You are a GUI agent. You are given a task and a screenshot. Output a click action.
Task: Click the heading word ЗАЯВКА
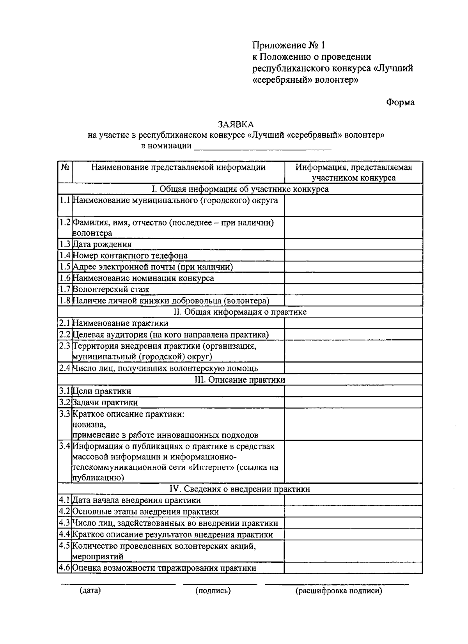[x=236, y=124]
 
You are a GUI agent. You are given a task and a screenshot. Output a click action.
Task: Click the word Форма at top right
[x=400, y=102]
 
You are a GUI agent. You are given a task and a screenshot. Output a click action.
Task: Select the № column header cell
[x=65, y=172]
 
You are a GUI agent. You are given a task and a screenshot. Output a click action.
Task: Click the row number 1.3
[x=65, y=244]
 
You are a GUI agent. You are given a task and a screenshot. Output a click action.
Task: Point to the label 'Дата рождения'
[x=102, y=244]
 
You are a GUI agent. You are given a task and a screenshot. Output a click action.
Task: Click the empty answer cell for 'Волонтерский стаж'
[x=353, y=289]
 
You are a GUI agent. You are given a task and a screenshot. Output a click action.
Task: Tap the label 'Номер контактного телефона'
[x=130, y=255]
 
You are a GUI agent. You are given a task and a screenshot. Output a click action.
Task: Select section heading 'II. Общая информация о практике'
[x=240, y=312]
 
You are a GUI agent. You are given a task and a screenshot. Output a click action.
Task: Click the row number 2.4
[x=65, y=368]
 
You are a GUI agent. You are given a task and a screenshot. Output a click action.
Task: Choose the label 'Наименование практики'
[x=121, y=323]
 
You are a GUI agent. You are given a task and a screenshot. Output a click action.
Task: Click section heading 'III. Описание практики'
[x=240, y=380]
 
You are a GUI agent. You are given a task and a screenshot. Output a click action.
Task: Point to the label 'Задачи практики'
[x=105, y=403]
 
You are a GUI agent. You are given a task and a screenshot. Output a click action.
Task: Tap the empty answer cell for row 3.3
[x=353, y=424]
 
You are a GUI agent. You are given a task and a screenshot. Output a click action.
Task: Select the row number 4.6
[x=65, y=568]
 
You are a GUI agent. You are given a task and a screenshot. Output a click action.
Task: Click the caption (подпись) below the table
[x=213, y=591]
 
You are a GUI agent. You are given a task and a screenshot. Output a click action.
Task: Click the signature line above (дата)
[x=118, y=584]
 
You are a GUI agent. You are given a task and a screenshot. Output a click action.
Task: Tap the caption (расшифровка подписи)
[x=339, y=591]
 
